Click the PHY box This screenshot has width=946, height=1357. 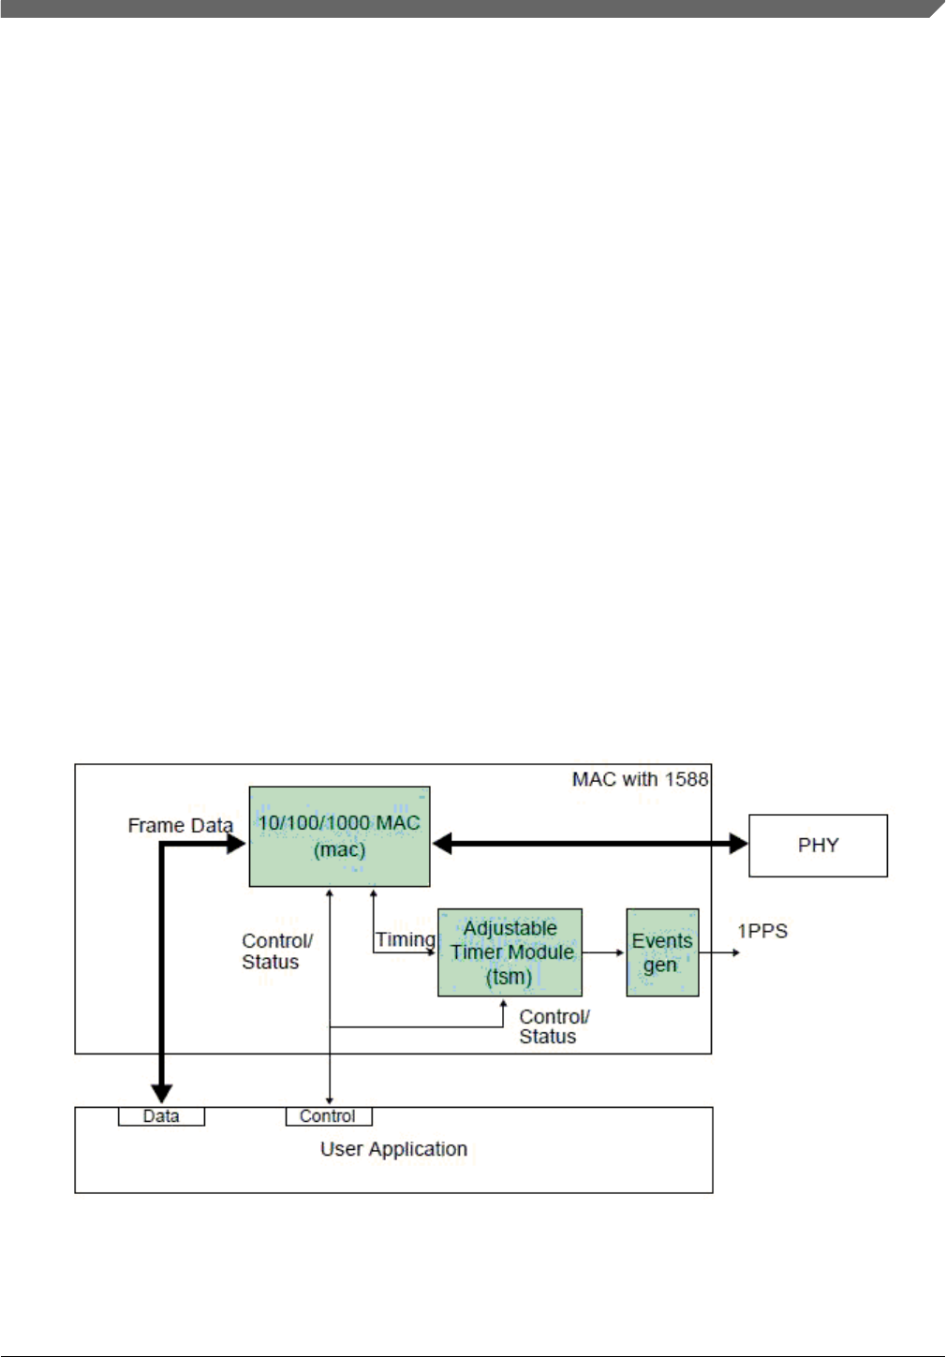coord(818,846)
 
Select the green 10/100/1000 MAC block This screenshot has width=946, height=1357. coord(339,836)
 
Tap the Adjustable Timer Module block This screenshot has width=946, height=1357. coord(510,952)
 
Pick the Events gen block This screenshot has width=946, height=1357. coord(662,952)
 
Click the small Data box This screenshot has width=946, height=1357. coord(161,1116)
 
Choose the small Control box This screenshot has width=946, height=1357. coord(328,1116)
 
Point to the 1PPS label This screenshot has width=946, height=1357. coord(762,931)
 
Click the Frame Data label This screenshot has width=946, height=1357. coord(180,825)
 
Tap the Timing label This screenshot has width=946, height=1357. coord(406,939)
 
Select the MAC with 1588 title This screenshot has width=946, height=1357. coord(640,779)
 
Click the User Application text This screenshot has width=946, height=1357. coord(393,1149)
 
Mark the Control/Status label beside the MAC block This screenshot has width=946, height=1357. coord(276,951)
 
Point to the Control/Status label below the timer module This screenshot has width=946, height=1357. coord(554,1026)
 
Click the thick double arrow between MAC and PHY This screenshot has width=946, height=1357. coord(590,844)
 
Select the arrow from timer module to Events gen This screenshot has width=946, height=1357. coord(603,952)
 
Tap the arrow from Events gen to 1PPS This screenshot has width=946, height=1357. coord(719,952)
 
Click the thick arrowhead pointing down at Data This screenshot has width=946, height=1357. coord(162,1092)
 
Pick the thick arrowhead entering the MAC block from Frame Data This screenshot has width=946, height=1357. coord(235,844)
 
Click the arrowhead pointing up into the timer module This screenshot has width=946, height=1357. coord(503,1005)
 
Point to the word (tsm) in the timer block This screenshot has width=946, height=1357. coord(509,977)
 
